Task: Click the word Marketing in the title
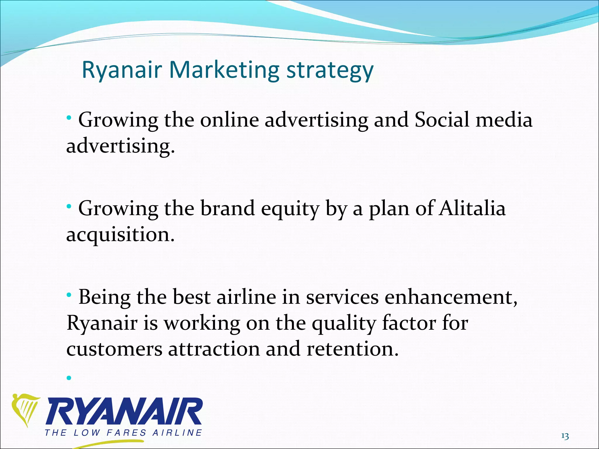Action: point(224,70)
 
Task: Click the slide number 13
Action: point(565,436)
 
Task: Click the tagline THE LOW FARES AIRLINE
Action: point(123,433)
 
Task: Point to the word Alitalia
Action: point(472,209)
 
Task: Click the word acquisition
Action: point(120,235)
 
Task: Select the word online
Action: point(229,120)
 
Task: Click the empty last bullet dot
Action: point(69,378)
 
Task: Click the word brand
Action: point(227,209)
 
